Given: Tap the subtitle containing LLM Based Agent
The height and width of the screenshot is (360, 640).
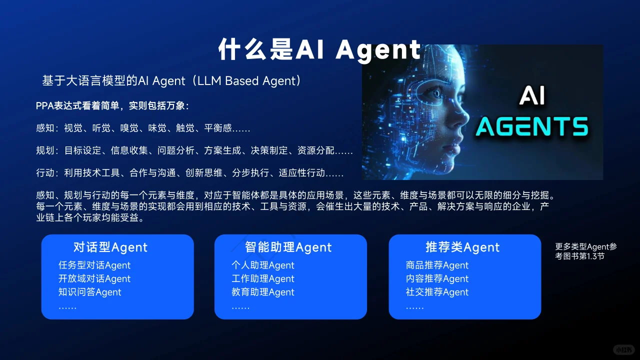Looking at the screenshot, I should pos(172,80).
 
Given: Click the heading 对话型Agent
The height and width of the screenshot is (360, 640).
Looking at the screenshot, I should pos(110,247).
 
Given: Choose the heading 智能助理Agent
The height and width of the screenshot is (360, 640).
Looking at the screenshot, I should pos(288,247).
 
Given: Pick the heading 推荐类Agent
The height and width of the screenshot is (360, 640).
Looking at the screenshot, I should pos(462,247).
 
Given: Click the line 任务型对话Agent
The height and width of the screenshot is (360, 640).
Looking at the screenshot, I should pos(94,265).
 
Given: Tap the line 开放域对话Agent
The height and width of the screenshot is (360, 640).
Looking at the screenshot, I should pos(94,278).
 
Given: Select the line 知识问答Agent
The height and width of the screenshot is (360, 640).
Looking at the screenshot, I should pos(90,292).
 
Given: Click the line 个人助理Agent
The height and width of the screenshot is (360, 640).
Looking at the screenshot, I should pos(263,265).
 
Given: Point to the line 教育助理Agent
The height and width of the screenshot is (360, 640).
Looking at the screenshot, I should pos(263,292).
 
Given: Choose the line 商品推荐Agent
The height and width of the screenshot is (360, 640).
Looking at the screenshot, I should pos(437,265).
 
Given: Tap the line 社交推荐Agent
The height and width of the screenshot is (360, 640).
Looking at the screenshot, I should pos(437,292).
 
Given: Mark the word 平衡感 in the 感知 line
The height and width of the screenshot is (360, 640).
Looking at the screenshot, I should pos(218,128).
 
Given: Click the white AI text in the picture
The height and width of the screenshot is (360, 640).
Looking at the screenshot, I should pos(531,96).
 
